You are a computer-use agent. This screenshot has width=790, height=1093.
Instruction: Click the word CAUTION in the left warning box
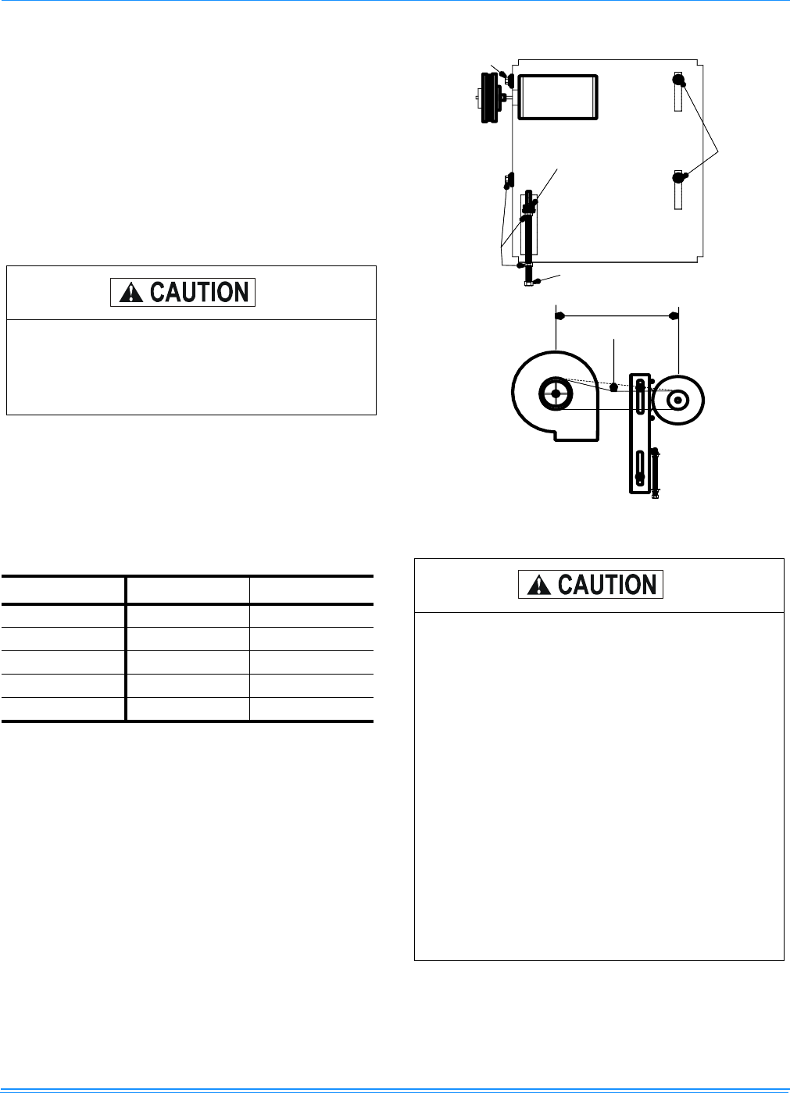click(198, 293)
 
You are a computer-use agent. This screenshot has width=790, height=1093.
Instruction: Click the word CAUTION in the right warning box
click(606, 585)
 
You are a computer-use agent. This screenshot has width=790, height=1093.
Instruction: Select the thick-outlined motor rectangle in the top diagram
click(558, 97)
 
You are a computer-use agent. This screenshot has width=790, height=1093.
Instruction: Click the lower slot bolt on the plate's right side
click(678, 177)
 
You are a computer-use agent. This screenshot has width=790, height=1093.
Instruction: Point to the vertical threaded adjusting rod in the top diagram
click(529, 234)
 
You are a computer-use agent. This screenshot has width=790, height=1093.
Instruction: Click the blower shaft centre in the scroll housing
click(556, 393)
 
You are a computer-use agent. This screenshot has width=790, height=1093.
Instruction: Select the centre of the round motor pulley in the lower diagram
click(678, 400)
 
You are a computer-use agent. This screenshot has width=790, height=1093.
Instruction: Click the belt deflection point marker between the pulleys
click(614, 386)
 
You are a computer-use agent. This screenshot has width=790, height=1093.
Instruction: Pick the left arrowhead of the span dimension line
click(560, 316)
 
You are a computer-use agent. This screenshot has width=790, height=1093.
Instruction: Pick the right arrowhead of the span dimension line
click(674, 316)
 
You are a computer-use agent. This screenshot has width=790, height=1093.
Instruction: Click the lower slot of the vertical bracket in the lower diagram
click(640, 468)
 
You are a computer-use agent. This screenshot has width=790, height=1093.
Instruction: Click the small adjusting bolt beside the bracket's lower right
click(655, 472)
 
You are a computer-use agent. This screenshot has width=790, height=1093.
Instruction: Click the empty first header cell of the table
click(63, 589)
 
